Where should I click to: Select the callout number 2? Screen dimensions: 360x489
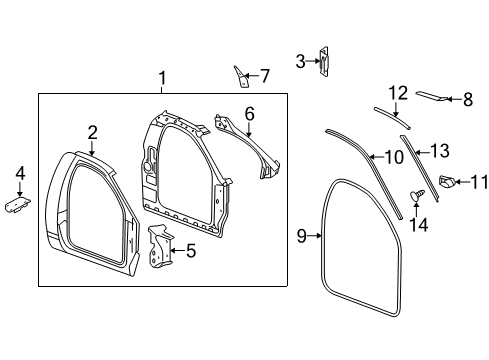click(92, 131)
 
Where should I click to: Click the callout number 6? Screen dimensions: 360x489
click(249, 114)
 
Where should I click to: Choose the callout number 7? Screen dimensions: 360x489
click(264, 75)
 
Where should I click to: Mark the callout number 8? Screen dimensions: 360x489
click(467, 98)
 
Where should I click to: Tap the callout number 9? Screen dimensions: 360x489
click(301, 237)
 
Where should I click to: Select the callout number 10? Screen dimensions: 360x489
click(393, 157)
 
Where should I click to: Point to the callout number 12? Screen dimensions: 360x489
click(398, 93)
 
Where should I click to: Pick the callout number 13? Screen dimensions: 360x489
click(440, 150)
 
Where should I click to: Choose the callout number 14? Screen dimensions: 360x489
click(419, 225)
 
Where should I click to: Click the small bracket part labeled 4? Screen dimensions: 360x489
click(18, 203)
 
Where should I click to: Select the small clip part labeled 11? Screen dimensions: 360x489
click(447, 182)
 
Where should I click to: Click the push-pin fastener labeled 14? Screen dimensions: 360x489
click(418, 192)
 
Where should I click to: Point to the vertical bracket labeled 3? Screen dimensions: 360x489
click(323, 61)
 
